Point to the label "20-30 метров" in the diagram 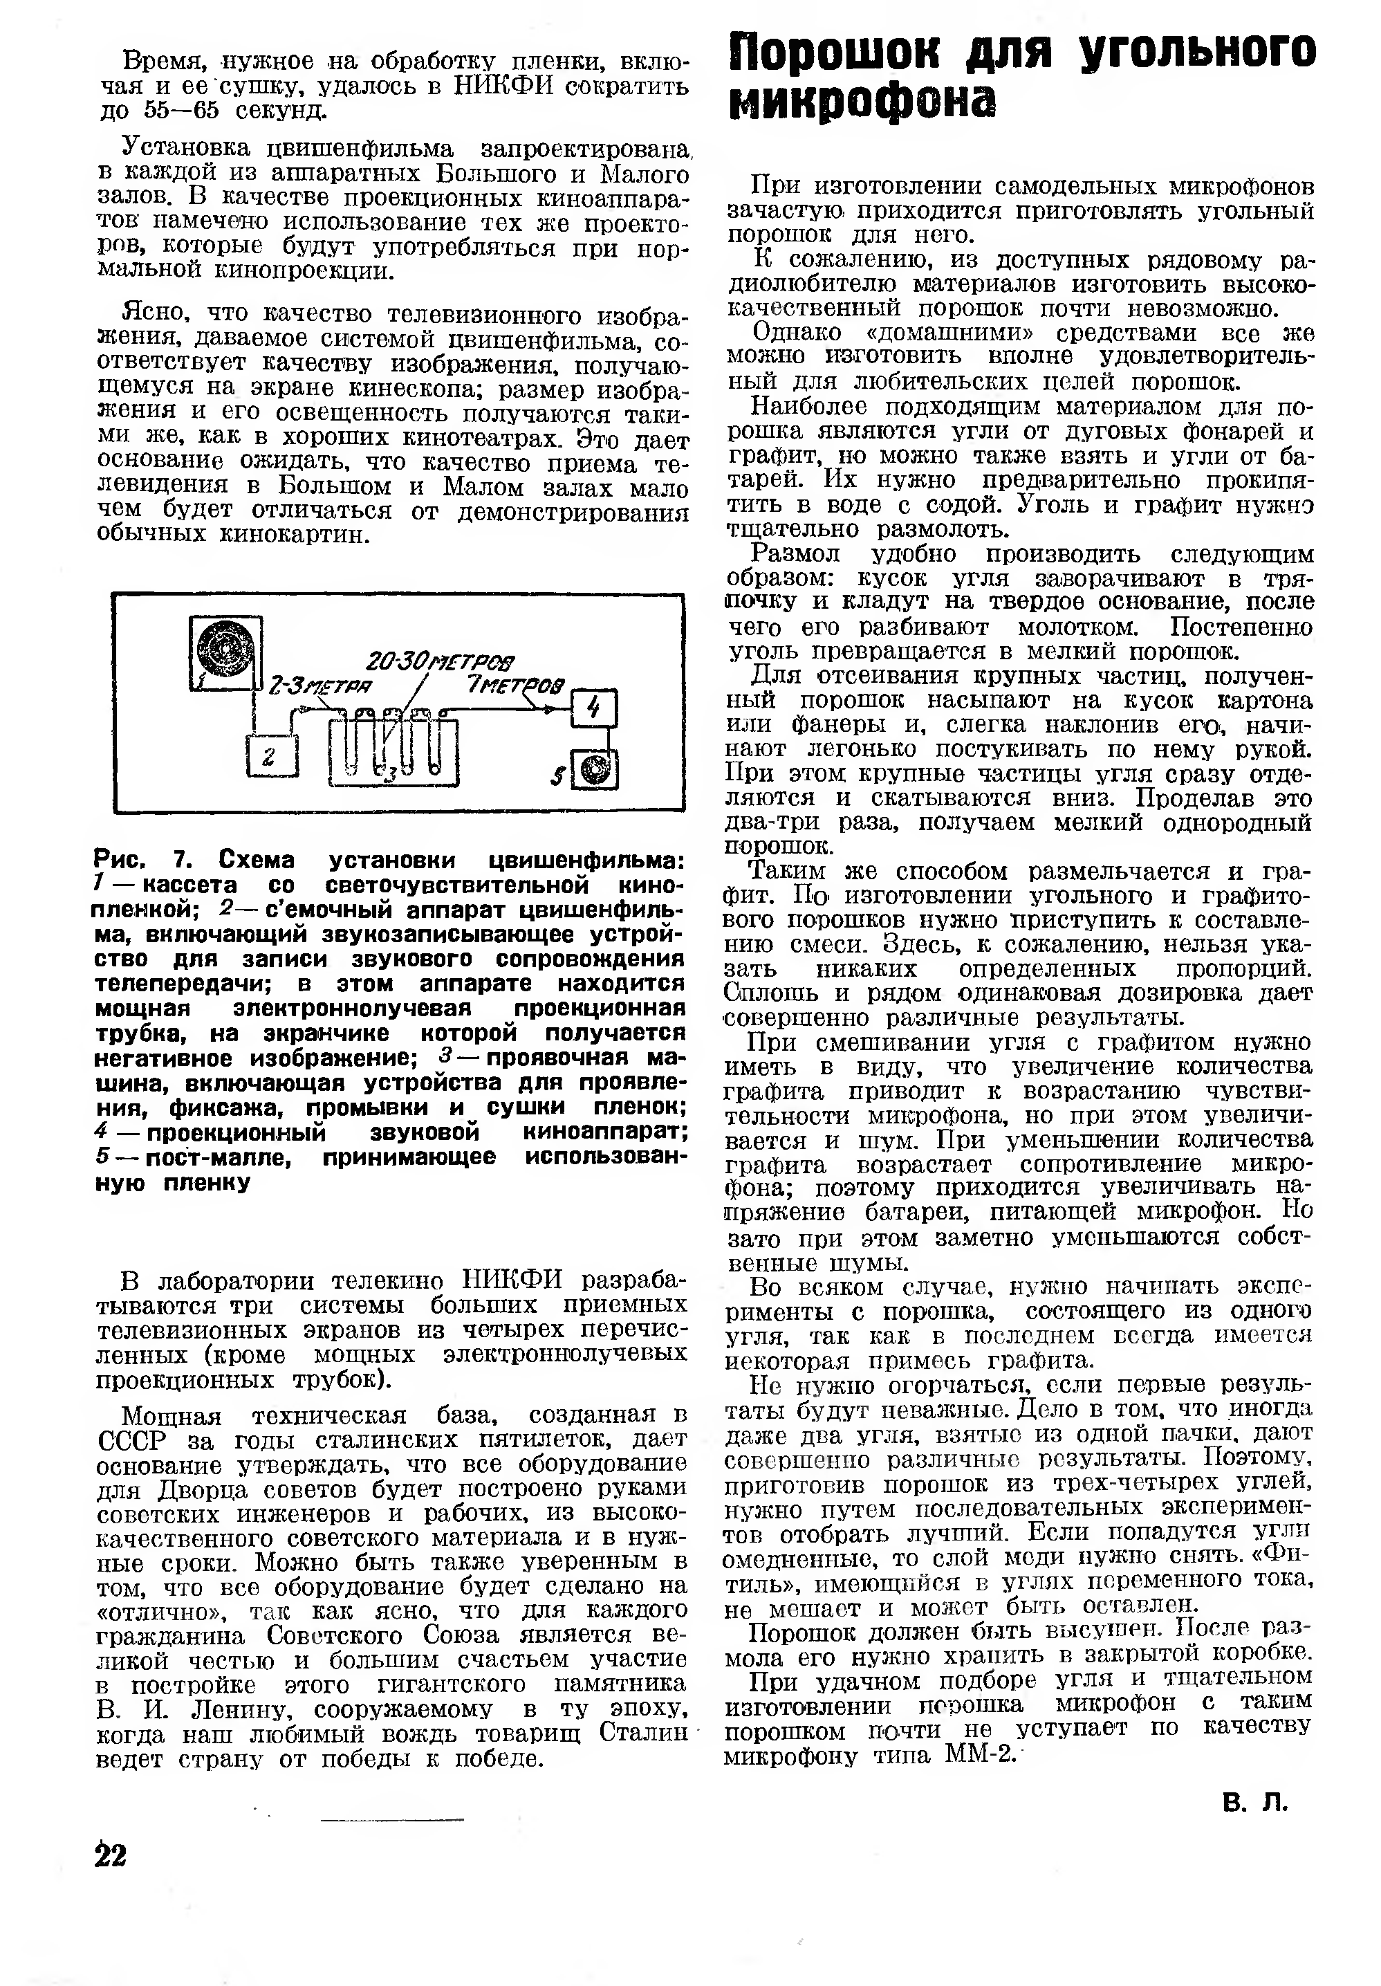[440, 663]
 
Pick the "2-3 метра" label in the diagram [320, 688]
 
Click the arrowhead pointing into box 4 [560, 708]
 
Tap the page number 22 [111, 1855]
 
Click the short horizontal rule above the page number [391, 1820]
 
